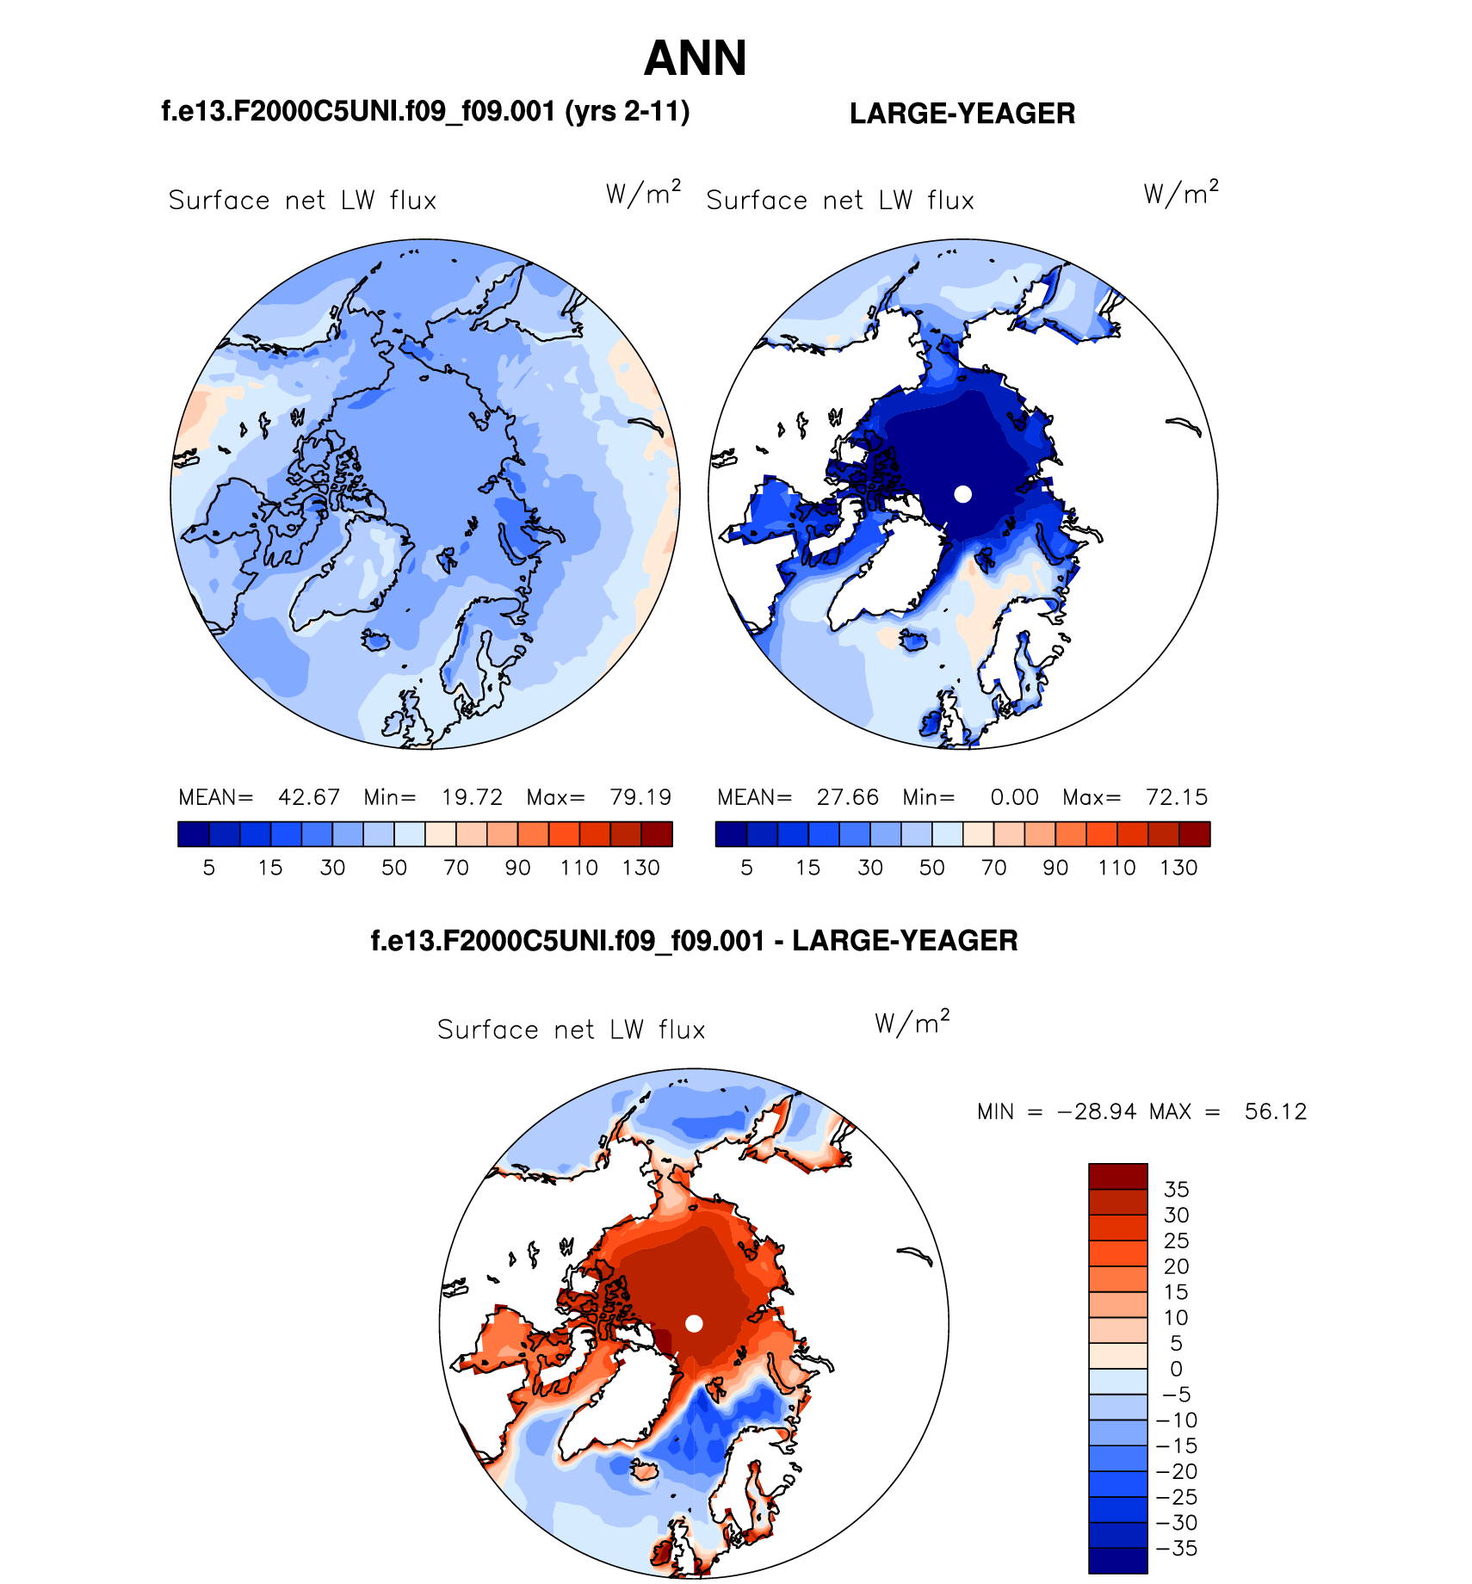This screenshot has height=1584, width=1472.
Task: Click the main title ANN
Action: click(695, 59)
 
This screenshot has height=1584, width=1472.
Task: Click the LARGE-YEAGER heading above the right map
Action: click(962, 114)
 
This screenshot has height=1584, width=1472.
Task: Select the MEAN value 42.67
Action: click(308, 797)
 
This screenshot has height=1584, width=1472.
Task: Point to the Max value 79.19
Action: click(640, 797)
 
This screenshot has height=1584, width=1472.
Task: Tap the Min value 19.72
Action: click(472, 797)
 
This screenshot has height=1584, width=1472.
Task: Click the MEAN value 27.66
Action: click(847, 797)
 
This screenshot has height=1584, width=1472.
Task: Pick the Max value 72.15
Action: click(1176, 797)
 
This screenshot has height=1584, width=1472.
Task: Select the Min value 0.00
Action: click(1014, 797)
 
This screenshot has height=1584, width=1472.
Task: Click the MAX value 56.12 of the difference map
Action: click(1275, 1111)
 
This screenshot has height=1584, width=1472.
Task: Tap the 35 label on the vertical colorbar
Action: click(1176, 1189)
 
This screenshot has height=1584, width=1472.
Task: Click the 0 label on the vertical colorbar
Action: click(1176, 1369)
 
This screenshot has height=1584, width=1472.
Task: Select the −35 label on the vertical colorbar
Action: click(1176, 1548)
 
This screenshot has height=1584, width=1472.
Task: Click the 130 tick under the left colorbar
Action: click(640, 868)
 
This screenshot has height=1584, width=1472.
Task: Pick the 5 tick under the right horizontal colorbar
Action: click(746, 868)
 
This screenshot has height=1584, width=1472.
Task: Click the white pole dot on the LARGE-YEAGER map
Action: click(963, 493)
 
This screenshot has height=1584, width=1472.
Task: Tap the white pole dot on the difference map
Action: click(694, 1323)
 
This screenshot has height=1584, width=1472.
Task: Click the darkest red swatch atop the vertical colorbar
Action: click(1117, 1176)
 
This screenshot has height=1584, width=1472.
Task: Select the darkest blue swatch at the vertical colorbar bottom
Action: click(1117, 1561)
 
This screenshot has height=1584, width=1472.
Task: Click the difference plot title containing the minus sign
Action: click(694, 940)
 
